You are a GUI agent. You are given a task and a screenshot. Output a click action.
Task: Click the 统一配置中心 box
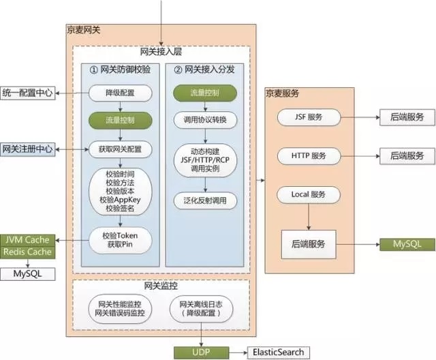click(27, 93)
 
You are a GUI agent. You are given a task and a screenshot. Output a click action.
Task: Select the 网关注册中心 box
click(27, 149)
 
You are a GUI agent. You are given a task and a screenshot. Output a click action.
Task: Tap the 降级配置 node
click(120, 93)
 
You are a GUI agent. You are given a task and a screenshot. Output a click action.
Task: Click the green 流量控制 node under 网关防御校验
click(120, 120)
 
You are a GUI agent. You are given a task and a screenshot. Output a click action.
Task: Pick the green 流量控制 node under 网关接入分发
click(205, 93)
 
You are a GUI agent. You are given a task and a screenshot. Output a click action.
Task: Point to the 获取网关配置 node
click(120, 149)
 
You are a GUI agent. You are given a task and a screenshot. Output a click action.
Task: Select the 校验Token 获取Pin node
click(120, 240)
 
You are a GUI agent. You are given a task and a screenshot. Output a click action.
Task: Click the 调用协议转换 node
click(205, 120)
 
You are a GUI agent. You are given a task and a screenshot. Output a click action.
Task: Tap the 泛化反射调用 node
click(205, 200)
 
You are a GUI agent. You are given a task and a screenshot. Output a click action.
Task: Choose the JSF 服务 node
click(309, 117)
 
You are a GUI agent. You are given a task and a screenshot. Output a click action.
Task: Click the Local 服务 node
click(309, 194)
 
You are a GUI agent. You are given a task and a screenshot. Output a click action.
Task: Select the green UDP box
click(202, 352)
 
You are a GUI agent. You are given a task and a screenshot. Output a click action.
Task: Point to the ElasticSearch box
click(279, 352)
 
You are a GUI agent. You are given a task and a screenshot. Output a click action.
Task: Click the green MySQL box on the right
click(407, 245)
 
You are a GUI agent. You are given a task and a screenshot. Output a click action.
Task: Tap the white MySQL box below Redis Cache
click(27, 274)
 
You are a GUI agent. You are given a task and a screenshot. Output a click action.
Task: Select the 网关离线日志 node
click(201, 309)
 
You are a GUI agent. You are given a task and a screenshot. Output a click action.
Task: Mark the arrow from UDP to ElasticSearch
click(238, 352)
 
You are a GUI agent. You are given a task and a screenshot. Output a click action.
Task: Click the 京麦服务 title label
click(282, 93)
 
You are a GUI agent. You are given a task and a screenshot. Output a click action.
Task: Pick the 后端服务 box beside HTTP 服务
click(407, 156)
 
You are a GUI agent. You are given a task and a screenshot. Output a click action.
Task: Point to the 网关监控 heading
click(161, 286)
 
